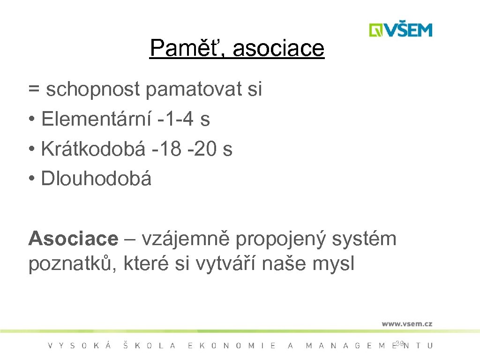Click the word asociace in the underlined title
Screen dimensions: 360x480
pyautogui.click(x=278, y=49)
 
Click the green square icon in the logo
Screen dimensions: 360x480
pyautogui.click(x=376, y=30)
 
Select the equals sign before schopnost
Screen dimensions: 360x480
pyautogui.click(x=33, y=90)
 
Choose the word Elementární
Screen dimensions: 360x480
pyautogui.click(x=96, y=120)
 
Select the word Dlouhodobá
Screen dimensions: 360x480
pyautogui.click(x=96, y=179)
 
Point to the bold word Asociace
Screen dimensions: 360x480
pyautogui.click(x=73, y=239)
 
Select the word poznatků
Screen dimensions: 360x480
pyautogui.click(x=72, y=264)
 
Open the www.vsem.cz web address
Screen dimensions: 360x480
pyautogui.click(x=406, y=323)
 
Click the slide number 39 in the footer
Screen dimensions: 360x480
pyautogui.click(x=399, y=344)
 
